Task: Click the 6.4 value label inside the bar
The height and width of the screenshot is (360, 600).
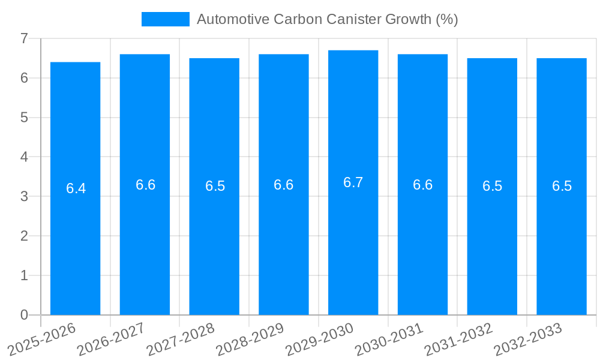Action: click(x=76, y=188)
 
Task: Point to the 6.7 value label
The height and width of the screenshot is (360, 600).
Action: click(x=353, y=182)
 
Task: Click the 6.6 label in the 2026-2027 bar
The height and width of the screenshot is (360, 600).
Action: click(x=145, y=185)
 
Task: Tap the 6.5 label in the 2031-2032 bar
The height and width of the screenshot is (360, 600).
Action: click(x=492, y=186)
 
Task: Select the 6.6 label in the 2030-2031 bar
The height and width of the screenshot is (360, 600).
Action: click(x=422, y=185)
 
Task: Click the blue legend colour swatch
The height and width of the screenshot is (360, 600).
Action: click(x=165, y=19)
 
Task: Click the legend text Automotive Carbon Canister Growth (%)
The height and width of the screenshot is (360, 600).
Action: click(x=327, y=19)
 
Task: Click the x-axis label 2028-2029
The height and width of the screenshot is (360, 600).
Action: click(x=250, y=339)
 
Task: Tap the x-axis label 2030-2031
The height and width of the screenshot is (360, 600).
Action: click(x=389, y=339)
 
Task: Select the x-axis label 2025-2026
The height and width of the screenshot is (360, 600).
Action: click(x=41, y=339)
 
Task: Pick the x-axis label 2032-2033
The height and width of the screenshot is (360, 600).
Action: click(x=528, y=339)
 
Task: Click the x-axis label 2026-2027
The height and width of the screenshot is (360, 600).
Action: click(x=111, y=339)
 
